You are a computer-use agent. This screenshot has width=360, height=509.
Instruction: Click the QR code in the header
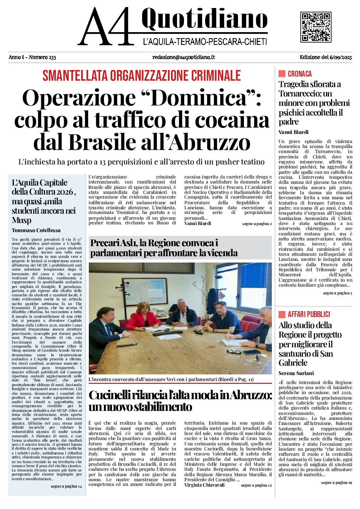pos(315,27)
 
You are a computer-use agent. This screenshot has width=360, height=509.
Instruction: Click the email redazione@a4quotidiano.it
pos(183,57)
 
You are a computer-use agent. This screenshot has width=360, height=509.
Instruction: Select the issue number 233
pos(52,57)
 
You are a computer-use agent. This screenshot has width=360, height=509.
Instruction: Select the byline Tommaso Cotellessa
pos(36,230)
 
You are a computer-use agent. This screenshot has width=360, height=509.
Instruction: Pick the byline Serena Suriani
pos(296,373)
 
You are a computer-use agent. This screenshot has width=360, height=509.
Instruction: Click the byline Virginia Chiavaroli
pos(204,485)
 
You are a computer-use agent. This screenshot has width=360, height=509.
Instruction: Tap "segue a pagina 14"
pos(66,486)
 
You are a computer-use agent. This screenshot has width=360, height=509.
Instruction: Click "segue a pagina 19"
pos(336,483)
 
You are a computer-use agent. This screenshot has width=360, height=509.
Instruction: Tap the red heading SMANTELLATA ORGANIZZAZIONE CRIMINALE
pos(141,76)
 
